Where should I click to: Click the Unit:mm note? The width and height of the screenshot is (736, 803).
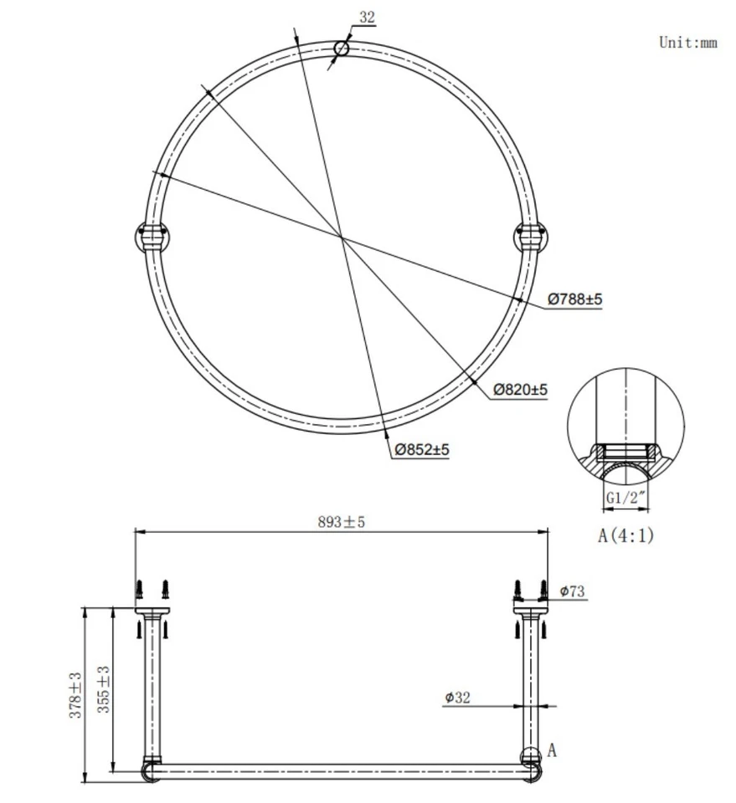[x=687, y=43]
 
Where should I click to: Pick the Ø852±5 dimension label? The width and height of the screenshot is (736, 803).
[x=422, y=450]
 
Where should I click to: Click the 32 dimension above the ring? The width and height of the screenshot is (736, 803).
[x=367, y=17]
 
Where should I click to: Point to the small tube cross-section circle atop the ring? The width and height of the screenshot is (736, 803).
[x=341, y=49]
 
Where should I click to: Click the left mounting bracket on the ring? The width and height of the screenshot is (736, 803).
[x=152, y=237]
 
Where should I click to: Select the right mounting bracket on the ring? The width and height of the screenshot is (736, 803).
[x=529, y=237]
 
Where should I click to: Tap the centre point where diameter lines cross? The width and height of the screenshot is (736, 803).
[x=342, y=238]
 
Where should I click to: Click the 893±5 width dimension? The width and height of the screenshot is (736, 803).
[x=341, y=522]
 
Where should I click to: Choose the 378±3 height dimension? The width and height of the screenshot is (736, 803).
[x=75, y=695]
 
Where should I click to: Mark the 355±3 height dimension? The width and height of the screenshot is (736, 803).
[x=104, y=689]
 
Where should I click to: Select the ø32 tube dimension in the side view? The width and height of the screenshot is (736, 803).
[x=457, y=697]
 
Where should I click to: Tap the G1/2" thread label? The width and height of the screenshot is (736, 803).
[x=625, y=499]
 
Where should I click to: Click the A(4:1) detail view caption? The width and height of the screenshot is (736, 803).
[x=625, y=535]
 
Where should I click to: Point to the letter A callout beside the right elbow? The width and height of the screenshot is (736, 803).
[x=552, y=750]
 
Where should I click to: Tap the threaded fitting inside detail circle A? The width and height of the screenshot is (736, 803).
[x=625, y=457]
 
